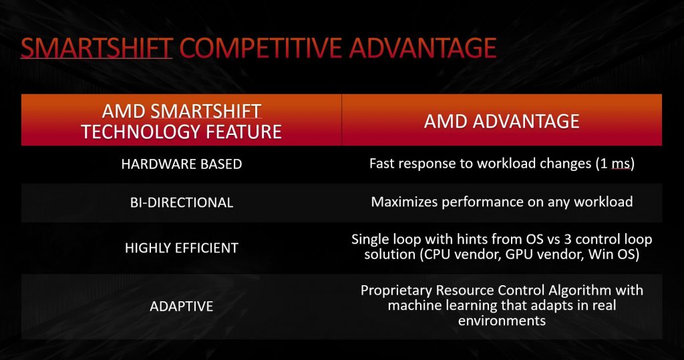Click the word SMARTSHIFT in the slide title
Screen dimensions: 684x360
click(x=97, y=48)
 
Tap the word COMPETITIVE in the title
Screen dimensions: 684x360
click(x=261, y=48)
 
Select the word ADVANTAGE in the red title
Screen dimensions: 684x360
click(x=423, y=48)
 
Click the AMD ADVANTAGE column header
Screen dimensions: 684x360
click(x=502, y=121)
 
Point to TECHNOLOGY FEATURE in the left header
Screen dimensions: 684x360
click(x=182, y=132)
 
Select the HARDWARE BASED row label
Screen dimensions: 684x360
click(x=182, y=164)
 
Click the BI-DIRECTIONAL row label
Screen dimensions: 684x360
click(x=182, y=202)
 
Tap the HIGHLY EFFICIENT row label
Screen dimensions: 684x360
click(x=182, y=248)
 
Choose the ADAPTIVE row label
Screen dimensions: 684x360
click(x=182, y=307)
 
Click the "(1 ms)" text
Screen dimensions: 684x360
click(x=615, y=164)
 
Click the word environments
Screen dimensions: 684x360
click(x=502, y=321)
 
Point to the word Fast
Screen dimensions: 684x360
click(x=382, y=163)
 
